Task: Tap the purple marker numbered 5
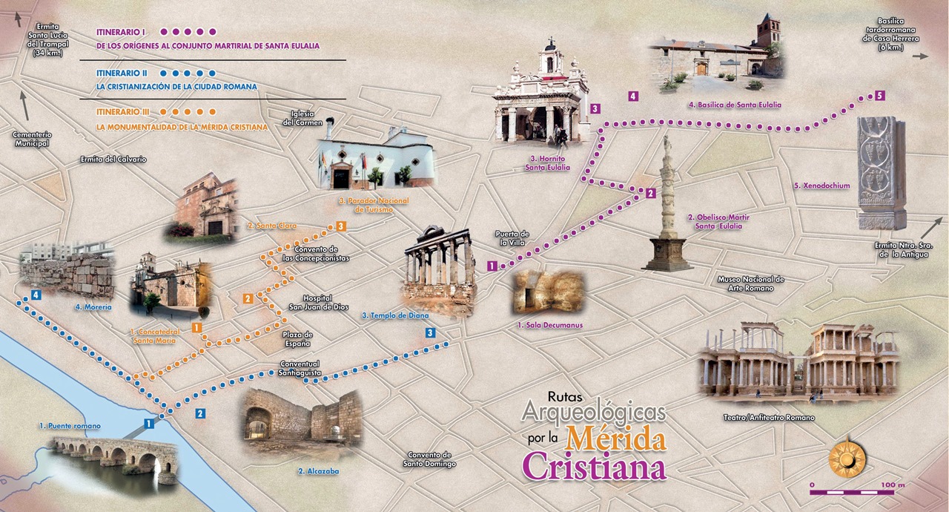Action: [879, 96]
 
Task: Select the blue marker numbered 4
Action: [36, 295]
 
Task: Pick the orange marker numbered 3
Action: [340, 226]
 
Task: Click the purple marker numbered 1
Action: [492, 266]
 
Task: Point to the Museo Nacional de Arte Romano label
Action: [750, 283]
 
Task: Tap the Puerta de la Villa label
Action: [512, 238]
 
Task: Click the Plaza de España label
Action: [297, 339]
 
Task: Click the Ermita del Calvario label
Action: [113, 160]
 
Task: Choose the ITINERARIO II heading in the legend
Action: [122, 73]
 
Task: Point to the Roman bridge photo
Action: [114, 457]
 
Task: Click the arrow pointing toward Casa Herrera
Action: [920, 56]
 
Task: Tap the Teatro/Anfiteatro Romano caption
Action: [769, 418]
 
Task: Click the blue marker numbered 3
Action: [431, 333]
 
